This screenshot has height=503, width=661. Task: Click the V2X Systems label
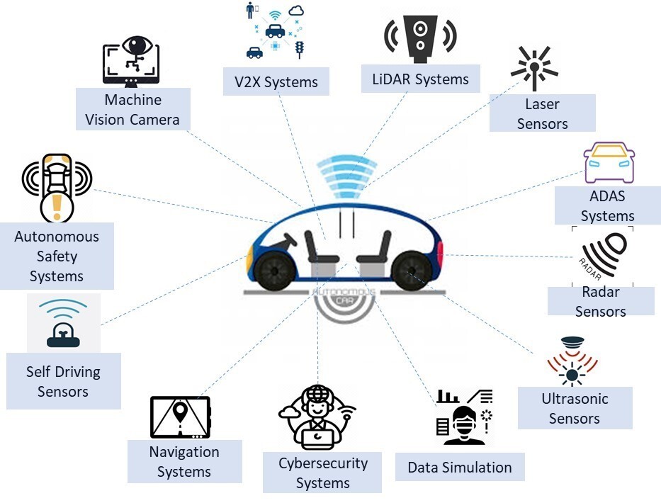pyautogui.click(x=276, y=82)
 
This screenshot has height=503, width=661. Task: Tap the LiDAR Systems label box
pyautogui.click(x=420, y=79)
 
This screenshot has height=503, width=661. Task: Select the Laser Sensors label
pyautogui.click(x=542, y=114)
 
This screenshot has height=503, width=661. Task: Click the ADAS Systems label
pyautogui.click(x=607, y=205)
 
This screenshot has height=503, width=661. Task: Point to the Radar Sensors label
pyautogui.click(x=600, y=301)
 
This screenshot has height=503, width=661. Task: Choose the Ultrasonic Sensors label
pyautogui.click(x=575, y=408)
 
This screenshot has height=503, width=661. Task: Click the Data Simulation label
pyautogui.click(x=459, y=468)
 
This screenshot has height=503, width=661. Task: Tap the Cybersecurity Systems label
pyautogui.click(x=322, y=473)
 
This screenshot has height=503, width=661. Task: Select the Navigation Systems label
pyautogui.click(x=184, y=461)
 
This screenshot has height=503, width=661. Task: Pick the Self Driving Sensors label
pyautogui.click(x=63, y=381)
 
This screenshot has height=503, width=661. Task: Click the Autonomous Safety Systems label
pyautogui.click(x=57, y=256)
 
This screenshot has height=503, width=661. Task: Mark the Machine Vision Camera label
pyautogui.click(x=132, y=109)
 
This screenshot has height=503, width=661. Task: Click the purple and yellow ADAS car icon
pyautogui.click(x=609, y=163)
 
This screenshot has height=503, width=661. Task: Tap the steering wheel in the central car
pyautogui.click(x=286, y=242)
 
